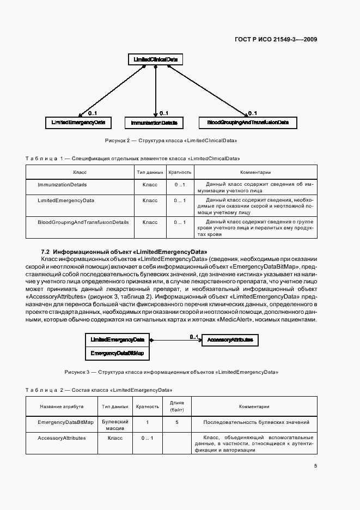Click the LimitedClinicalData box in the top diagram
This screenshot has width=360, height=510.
[156, 59]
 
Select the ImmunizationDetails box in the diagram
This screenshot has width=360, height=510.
[154, 123]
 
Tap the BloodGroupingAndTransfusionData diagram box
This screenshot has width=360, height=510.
[248, 123]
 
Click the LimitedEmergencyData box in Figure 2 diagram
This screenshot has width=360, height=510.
[78, 123]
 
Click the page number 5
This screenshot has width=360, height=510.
[315, 465]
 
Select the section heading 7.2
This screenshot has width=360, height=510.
[124, 252]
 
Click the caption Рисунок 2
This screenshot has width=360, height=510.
[171, 141]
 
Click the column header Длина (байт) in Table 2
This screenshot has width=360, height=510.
[177, 406]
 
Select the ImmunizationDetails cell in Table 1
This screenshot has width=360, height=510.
[62, 185]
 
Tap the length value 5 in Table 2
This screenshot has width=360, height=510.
[177, 422]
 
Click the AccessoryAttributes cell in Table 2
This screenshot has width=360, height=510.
[62, 438]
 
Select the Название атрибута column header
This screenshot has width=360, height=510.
[62, 406]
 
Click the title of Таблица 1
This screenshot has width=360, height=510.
[133, 159]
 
